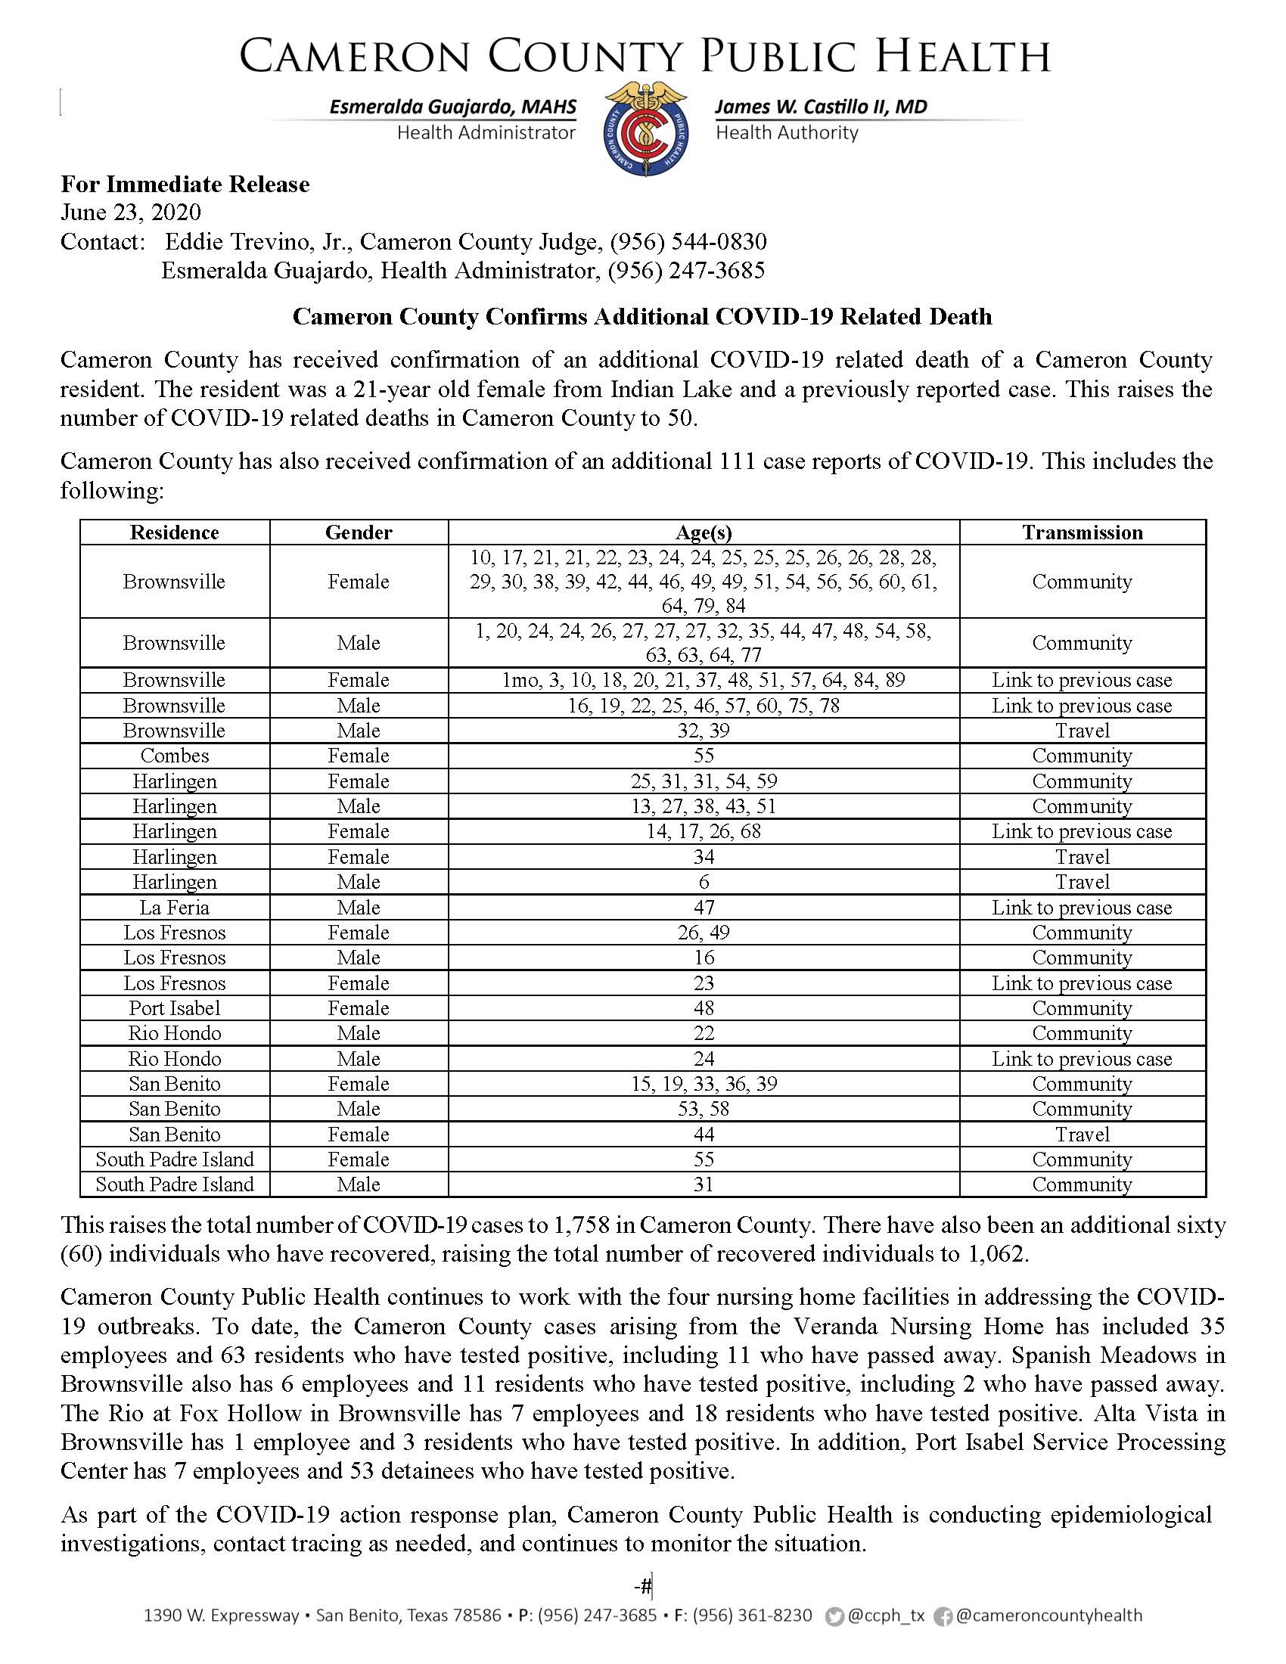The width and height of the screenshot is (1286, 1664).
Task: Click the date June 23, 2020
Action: (x=130, y=212)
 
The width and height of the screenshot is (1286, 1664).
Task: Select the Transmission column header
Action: (x=1082, y=532)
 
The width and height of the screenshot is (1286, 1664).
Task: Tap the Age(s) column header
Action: (x=704, y=532)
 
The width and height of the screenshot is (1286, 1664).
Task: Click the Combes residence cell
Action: (x=175, y=756)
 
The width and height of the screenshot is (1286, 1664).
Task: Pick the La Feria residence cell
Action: (x=175, y=908)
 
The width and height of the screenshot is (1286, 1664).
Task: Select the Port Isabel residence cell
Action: (x=175, y=1008)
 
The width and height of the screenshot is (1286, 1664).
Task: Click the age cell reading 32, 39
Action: (x=704, y=731)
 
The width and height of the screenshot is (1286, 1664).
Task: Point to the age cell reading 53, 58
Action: (x=704, y=1109)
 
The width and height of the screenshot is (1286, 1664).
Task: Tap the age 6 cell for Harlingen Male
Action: (x=704, y=882)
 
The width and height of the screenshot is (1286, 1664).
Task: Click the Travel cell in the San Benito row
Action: (x=1082, y=1135)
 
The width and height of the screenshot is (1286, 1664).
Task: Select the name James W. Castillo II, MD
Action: (x=821, y=107)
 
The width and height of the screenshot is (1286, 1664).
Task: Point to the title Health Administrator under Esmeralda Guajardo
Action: (x=486, y=133)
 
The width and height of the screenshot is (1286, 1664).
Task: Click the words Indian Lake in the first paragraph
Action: (x=670, y=390)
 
